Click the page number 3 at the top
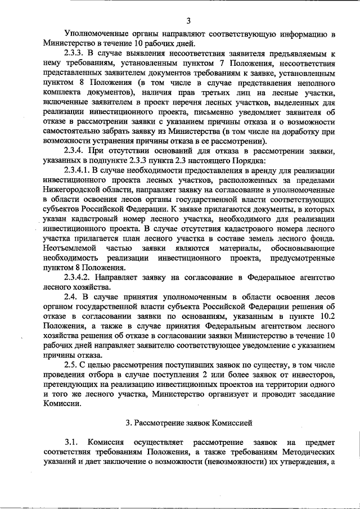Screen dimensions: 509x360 click(x=188, y=21)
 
